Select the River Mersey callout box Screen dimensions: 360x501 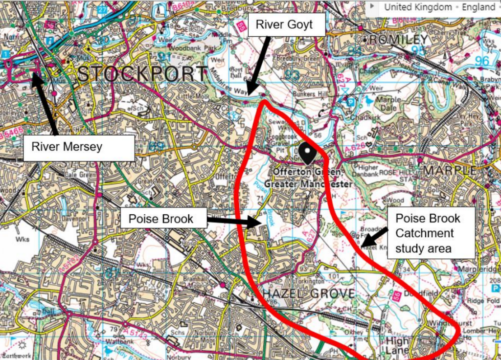coord(78,147)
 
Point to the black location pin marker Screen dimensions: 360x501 coord(308,154)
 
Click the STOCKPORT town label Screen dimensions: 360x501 coord(142,74)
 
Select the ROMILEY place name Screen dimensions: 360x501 coord(399,39)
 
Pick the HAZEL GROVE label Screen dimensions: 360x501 coord(308,293)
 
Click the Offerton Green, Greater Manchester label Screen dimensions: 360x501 coord(308,178)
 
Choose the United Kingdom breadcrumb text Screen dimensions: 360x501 coord(418,7)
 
